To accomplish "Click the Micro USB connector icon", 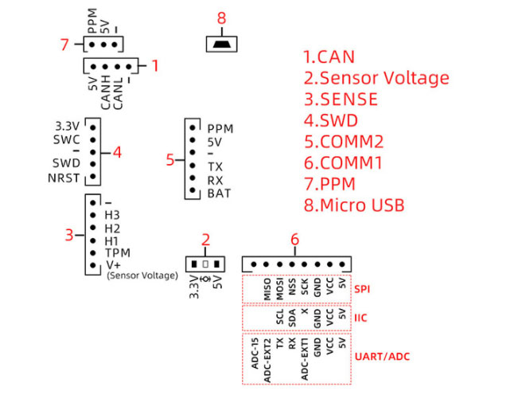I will (222, 44).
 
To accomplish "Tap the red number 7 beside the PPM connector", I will (67, 45).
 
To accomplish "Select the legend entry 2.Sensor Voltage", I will (376, 78).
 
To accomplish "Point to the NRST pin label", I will (64, 178).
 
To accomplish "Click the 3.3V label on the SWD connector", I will (68, 126).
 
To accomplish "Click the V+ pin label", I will (114, 264).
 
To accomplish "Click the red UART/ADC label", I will (384, 357).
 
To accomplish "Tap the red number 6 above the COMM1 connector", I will (295, 240).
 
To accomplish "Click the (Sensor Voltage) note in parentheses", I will (142, 276).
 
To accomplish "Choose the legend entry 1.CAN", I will (329, 57).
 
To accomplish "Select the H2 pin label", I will (112, 227).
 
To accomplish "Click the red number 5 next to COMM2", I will (170, 160).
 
